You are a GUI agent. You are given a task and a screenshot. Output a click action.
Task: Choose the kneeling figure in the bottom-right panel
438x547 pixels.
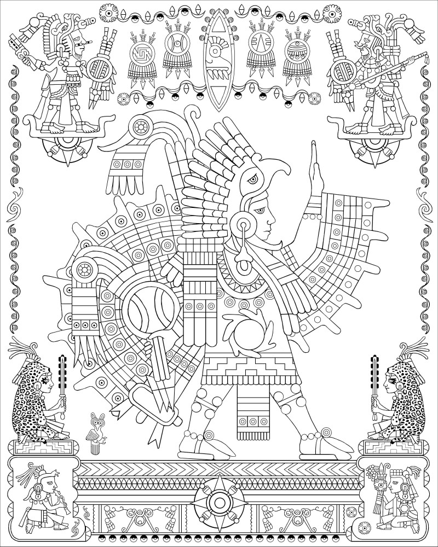(390, 492)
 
